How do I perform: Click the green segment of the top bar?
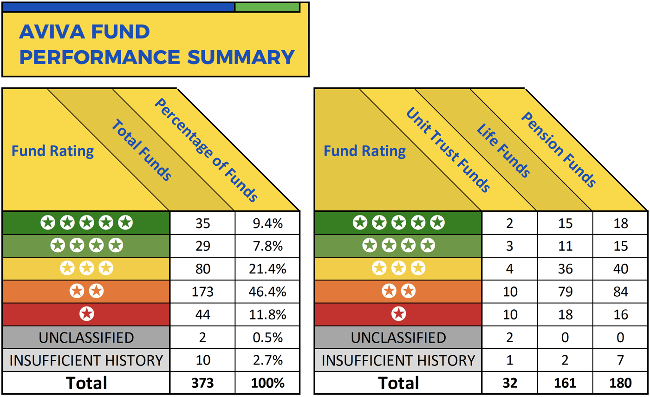pyautogui.click(x=267, y=7)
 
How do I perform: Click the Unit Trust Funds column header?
pyautogui.click(x=448, y=150)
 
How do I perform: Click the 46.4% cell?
pyautogui.click(x=267, y=292)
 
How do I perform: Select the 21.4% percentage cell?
pyautogui.click(x=267, y=269)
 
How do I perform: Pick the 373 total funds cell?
pyautogui.click(x=202, y=383)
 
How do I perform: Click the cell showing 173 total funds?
pyautogui.click(x=202, y=292)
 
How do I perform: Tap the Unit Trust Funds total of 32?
pyautogui.click(x=510, y=383)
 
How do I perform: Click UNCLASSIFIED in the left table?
pyautogui.click(x=86, y=337)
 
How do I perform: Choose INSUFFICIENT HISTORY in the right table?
pyautogui.click(x=398, y=360)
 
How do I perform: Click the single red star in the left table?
pyautogui.click(x=86, y=314)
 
